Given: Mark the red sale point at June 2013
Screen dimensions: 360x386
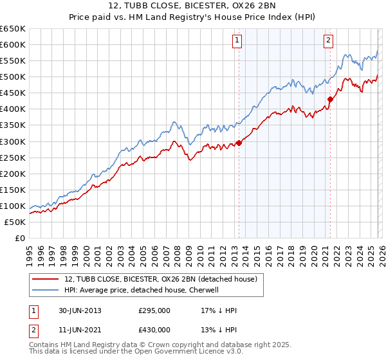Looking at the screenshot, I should (x=239, y=143).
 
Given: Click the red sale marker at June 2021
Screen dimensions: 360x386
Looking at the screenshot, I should (x=330, y=99).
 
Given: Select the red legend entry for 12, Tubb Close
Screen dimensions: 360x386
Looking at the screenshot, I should (x=160, y=279).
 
